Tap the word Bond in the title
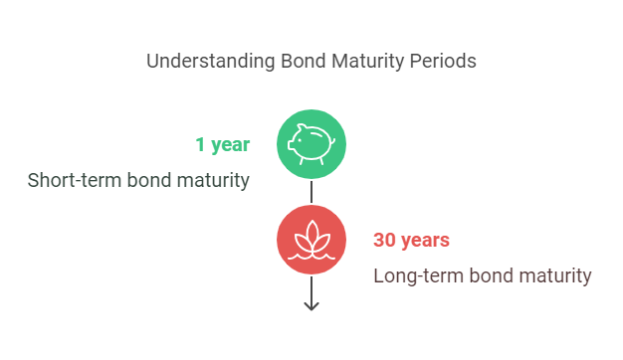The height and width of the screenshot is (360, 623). [296, 61]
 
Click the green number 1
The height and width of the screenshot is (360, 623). [200, 145]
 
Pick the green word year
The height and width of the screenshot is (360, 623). [230, 145]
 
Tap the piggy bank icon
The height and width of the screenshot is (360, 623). [311, 143]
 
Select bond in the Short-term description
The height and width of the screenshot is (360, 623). [142, 180]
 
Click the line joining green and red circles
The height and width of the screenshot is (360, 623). [311, 193]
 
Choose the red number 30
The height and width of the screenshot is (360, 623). [385, 241]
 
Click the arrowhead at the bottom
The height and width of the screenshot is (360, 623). [311, 304]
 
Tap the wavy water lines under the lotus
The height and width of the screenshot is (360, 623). [311, 256]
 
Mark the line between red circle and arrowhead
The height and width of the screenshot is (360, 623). [311, 288]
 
